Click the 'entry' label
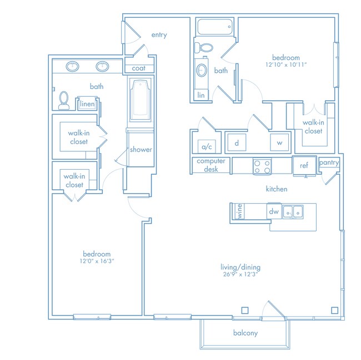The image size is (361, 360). (159, 35)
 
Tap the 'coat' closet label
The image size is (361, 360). (139, 68)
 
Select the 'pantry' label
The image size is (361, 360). (329, 162)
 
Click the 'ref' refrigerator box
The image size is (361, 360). (304, 165)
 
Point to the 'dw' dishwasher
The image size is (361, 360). (274, 211)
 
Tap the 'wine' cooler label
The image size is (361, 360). (239, 211)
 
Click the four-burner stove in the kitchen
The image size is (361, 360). (262, 166)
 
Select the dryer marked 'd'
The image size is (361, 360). (237, 143)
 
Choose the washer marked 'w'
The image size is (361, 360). (279, 143)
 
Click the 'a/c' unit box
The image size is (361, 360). (207, 146)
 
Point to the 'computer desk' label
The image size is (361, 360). (211, 165)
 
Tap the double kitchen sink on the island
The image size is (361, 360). (293, 211)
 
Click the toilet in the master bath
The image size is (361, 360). (64, 100)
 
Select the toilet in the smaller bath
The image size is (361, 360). (204, 48)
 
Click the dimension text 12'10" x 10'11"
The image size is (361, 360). (286, 65)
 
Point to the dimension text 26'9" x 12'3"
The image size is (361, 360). (240, 274)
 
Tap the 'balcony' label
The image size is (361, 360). (245, 333)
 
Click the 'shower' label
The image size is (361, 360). (141, 150)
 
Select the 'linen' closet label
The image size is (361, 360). (87, 104)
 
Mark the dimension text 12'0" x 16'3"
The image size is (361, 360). (97, 261)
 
